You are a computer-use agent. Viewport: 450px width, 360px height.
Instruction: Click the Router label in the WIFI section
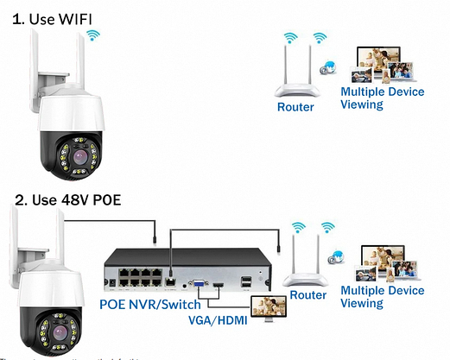[x=295, y=107]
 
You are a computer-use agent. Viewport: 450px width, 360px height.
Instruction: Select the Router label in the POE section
[x=308, y=295]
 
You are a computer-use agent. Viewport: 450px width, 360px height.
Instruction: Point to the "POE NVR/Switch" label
[x=149, y=304]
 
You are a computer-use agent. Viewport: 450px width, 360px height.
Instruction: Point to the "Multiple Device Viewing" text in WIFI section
[x=382, y=98]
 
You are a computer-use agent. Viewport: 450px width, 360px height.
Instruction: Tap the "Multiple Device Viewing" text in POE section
[x=383, y=297]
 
